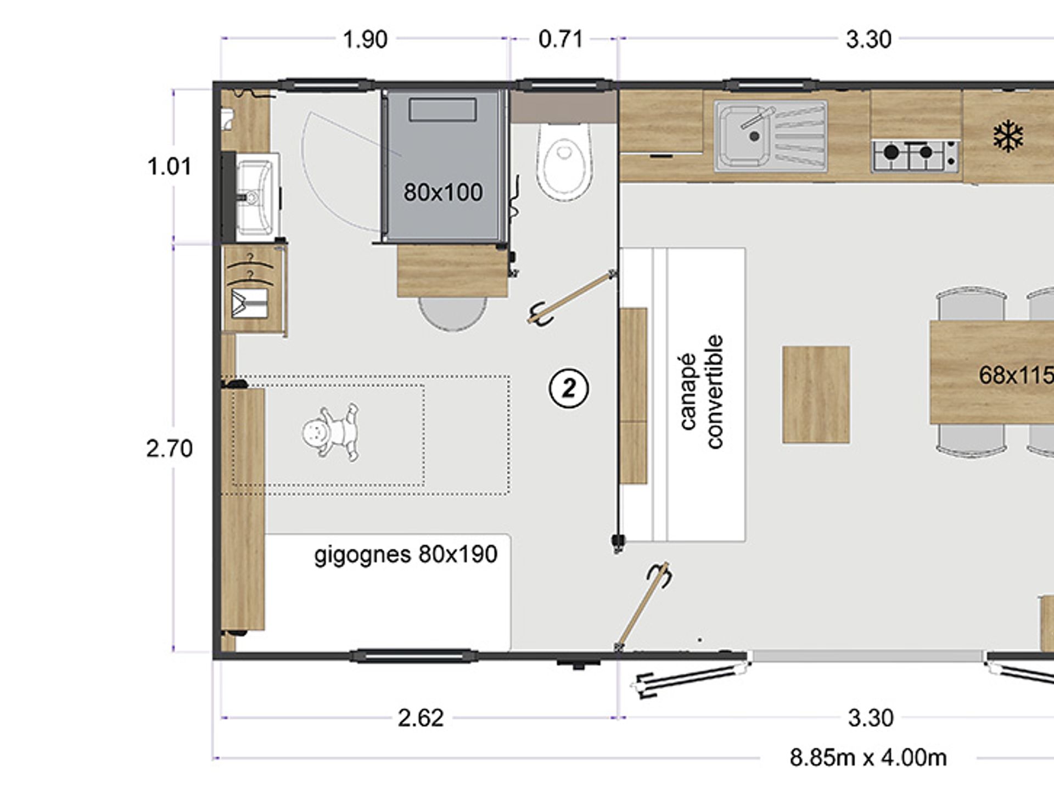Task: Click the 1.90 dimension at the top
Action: click(x=365, y=39)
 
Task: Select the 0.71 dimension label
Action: click(x=560, y=39)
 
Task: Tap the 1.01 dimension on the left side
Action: click(x=170, y=167)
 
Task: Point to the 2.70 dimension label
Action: click(x=170, y=449)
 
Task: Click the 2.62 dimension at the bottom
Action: click(x=421, y=718)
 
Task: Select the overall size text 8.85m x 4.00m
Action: click(x=868, y=758)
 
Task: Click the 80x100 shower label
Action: click(x=443, y=193)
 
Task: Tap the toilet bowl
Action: click(x=564, y=161)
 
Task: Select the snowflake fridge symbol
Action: click(x=1008, y=137)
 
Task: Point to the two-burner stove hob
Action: click(x=915, y=156)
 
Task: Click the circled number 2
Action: click(x=569, y=388)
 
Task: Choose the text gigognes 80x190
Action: click(x=406, y=555)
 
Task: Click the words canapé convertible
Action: click(x=702, y=392)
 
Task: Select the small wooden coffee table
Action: click(x=816, y=394)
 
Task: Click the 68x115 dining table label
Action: click(x=1016, y=375)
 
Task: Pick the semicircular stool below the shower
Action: click(x=452, y=313)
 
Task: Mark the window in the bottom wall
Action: click(x=414, y=656)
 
